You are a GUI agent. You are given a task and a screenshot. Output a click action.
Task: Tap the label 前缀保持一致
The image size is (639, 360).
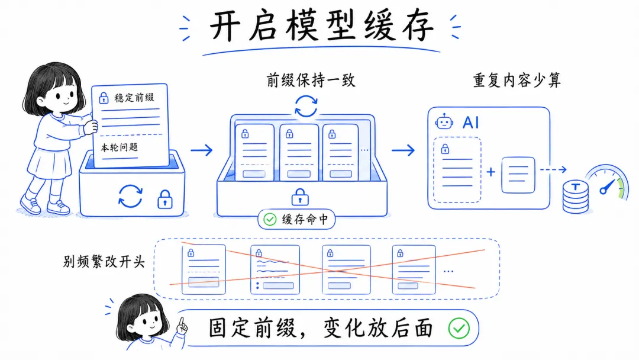coord(311,81)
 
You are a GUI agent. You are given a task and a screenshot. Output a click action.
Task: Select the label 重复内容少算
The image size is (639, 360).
coord(517,81)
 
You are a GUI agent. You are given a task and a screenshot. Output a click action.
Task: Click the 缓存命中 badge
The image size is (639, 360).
coord(297,220)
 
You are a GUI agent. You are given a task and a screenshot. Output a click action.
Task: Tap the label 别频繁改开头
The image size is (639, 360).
coord(104,262)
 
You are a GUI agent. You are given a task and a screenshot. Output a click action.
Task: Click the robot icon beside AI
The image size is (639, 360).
coord(444,122)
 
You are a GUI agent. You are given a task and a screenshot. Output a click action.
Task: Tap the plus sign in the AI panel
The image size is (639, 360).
coord(491,173)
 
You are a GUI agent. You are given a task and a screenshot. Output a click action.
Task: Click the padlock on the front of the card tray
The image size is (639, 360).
coord(300,197)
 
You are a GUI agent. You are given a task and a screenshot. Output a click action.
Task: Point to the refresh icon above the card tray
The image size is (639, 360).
coord(306,107)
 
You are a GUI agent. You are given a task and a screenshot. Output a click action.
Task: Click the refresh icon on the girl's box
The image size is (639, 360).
coord(130,196)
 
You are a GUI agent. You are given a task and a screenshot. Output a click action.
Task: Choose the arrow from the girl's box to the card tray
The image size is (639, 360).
coord(201,150)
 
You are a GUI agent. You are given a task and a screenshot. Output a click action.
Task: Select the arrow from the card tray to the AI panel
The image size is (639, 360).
coord(404,150)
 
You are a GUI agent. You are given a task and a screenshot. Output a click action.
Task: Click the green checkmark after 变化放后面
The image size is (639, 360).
coord(459,328)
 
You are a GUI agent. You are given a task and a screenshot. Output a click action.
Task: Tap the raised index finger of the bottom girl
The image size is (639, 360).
coord(183,322)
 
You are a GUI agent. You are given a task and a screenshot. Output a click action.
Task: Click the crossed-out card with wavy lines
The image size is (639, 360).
coord(275,269)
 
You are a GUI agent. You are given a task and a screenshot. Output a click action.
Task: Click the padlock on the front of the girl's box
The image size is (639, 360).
coord(164,200)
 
